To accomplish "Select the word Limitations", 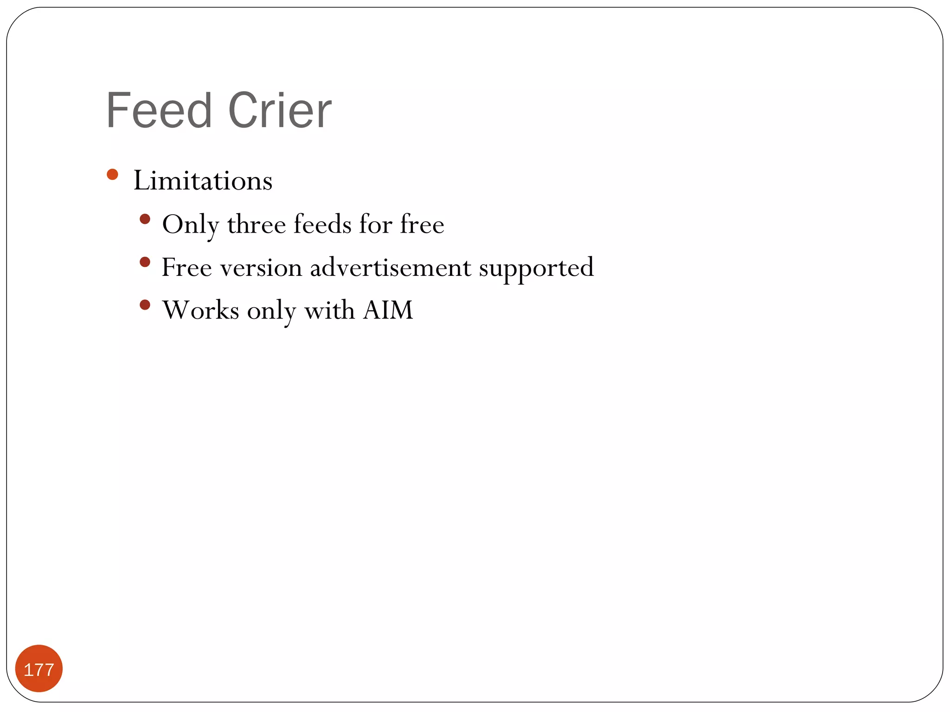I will point(203,180).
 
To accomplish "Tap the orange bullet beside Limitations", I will point(112,174).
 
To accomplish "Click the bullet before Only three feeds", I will point(145,219).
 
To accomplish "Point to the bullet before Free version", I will point(145,262).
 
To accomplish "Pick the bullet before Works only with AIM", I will point(145,305).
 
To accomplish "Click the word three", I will point(256,224).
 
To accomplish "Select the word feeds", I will point(322,224).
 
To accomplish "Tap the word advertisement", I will point(391,267).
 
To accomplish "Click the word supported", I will point(536,268).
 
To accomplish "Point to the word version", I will point(261,268).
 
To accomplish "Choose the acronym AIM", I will point(388,310).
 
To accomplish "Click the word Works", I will point(200,310).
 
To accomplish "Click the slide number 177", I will point(39,669).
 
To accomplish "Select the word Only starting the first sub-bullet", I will point(191,225).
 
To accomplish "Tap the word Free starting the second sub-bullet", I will point(186,267).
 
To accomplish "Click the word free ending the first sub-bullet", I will point(422,224).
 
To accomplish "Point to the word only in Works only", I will point(271,311).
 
